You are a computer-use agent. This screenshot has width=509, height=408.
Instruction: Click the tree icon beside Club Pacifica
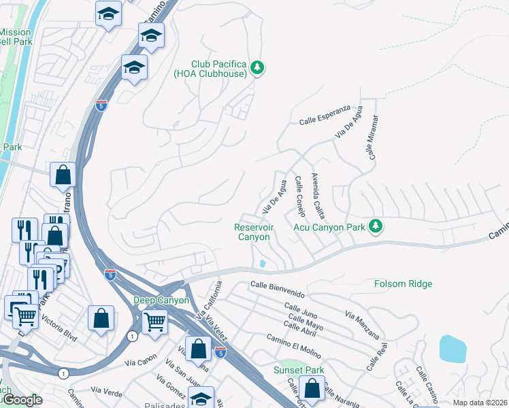pos(257,67)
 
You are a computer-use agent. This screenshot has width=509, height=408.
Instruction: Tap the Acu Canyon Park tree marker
pos(374,225)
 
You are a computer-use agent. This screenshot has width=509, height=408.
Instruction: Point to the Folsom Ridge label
pos(404,284)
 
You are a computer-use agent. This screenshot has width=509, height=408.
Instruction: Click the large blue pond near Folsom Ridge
pos(453,348)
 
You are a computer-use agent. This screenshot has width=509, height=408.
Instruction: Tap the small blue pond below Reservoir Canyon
pos(263,263)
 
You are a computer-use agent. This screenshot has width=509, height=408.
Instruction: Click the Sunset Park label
pos(298,370)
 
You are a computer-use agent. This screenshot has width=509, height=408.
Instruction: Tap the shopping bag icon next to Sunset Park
pos(312,389)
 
